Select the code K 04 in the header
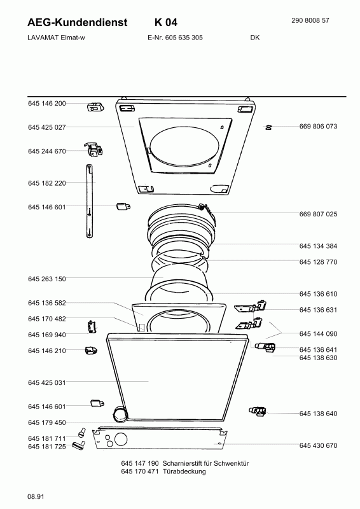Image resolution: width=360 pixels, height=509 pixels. (165, 22)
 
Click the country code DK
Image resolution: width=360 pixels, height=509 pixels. (255, 38)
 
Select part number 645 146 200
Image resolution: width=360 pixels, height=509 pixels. (47, 103)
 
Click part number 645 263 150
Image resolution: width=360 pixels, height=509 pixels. (47, 279)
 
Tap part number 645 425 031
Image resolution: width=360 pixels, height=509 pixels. (47, 382)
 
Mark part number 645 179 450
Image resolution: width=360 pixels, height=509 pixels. (47, 422)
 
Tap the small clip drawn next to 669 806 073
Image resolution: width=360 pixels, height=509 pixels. (269, 127)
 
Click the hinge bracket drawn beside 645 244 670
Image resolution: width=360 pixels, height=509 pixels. (96, 150)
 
